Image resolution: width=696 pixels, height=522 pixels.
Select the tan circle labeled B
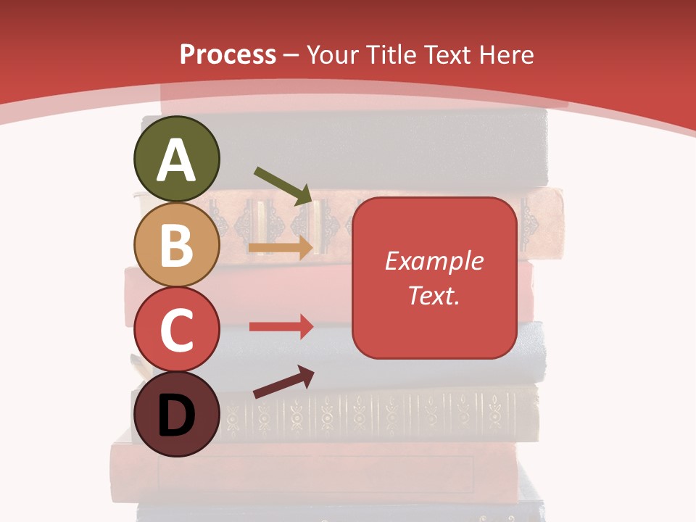click(176, 244)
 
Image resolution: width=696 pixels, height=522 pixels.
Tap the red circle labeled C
click(176, 329)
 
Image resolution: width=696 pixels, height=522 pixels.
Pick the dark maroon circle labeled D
click(176, 414)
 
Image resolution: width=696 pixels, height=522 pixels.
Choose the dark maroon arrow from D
click(283, 382)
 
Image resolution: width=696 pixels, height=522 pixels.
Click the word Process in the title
click(228, 55)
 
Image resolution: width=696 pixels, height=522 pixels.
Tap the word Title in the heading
click(391, 55)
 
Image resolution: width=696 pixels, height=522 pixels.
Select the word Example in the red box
click(434, 261)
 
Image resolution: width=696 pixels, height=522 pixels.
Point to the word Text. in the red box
click(434, 295)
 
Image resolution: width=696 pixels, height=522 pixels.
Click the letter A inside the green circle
click(177, 160)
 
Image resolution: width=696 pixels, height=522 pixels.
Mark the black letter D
click(176, 416)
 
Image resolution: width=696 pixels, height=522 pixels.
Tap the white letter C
click(176, 331)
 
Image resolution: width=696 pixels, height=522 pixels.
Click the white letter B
click(176, 246)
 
